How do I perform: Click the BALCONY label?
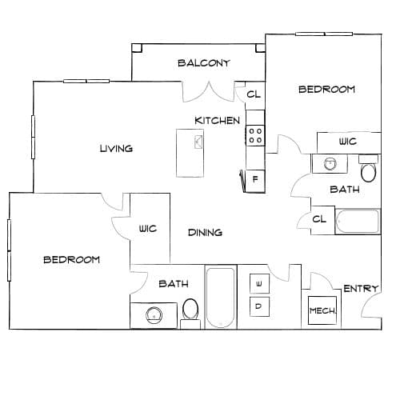click(x=204, y=63)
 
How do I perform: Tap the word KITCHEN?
click(x=218, y=121)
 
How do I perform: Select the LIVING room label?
click(x=116, y=149)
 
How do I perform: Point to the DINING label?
click(x=205, y=233)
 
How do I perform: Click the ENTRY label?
click(x=361, y=289)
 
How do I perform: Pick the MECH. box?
click(x=322, y=310)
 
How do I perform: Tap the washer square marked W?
click(x=259, y=284)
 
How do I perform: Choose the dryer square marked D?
click(x=259, y=306)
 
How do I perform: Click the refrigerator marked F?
click(x=255, y=179)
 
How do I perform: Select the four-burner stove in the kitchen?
click(x=255, y=135)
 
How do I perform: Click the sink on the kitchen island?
click(x=198, y=142)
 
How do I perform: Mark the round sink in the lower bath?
click(x=154, y=315)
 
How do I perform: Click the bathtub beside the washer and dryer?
click(x=221, y=297)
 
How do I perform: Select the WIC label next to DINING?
click(x=148, y=229)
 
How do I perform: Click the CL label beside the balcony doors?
click(x=254, y=94)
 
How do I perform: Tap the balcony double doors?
click(x=209, y=91)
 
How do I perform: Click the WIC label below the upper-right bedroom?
click(x=348, y=141)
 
